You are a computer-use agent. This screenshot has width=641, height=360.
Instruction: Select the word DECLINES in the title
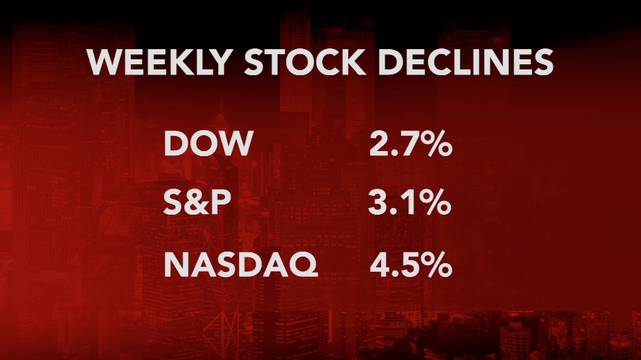tap(471, 64)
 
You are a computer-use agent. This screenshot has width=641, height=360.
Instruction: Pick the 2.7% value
tap(410, 144)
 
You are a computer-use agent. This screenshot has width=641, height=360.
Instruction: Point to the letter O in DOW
tap(205, 144)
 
